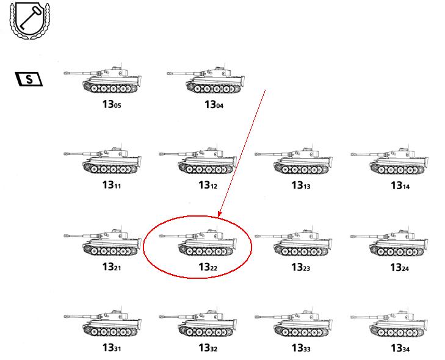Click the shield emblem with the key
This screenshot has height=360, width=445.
(29, 20)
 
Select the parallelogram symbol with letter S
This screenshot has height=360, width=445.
(29, 79)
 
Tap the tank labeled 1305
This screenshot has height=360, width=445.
(103, 79)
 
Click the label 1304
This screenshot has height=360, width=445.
(214, 105)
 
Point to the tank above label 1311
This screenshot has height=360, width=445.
(103, 159)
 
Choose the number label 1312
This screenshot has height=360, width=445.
(208, 185)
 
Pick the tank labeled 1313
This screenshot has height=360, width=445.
(294, 160)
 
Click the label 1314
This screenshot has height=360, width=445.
(400, 185)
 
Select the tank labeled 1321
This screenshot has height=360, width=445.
(103, 241)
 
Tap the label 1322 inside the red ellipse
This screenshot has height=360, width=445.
(208, 267)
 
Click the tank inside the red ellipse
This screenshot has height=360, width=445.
(198, 241)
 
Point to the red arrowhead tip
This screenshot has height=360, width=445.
(219, 217)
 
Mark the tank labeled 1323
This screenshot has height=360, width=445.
(294, 242)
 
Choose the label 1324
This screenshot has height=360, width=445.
(400, 267)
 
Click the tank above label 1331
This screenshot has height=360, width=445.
(103, 322)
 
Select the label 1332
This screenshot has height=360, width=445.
(208, 348)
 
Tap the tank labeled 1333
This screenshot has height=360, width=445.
(294, 322)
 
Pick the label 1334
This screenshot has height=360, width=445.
(400, 348)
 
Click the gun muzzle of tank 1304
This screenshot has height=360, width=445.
(169, 73)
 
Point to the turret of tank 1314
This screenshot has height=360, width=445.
(403, 154)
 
